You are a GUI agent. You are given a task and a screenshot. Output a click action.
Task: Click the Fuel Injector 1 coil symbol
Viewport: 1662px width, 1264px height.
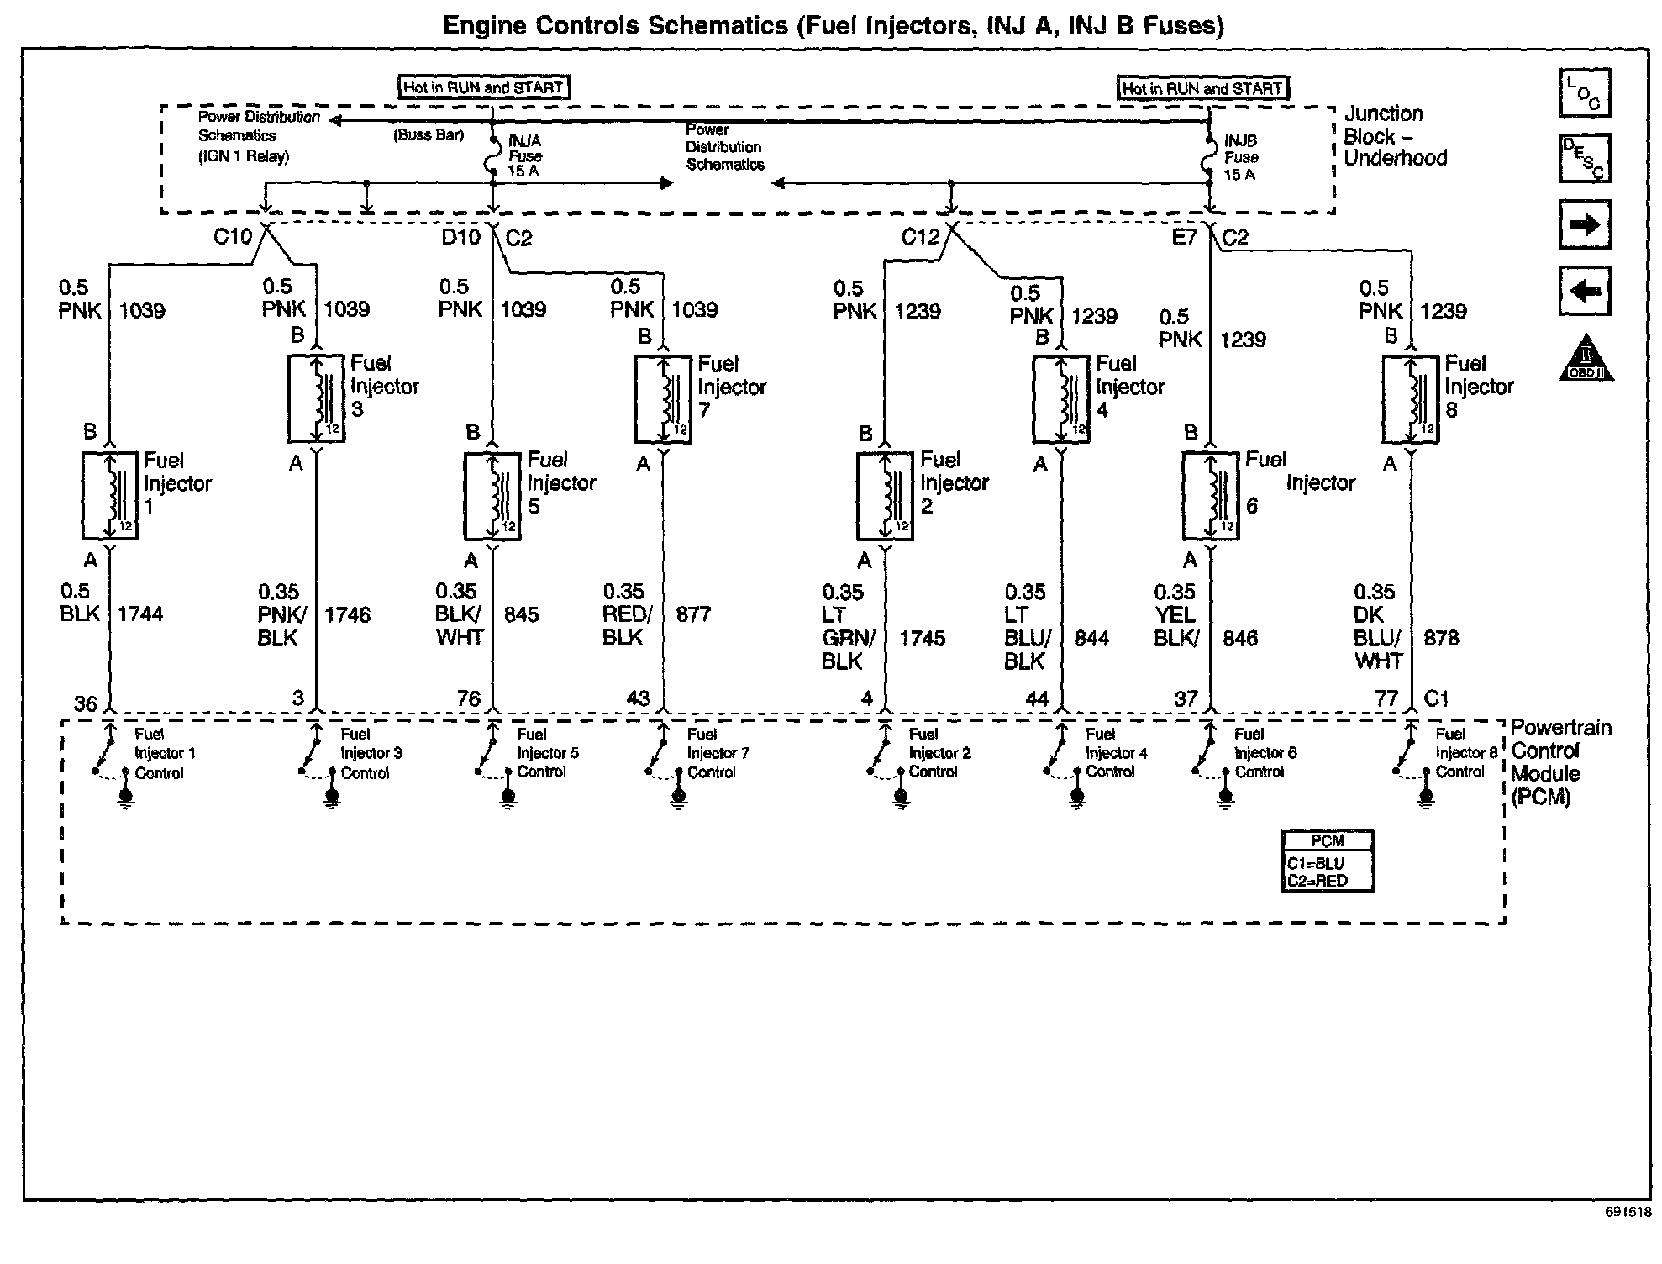pos(110,496)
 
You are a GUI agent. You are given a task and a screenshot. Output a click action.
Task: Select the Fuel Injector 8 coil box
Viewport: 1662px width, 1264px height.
pos(1410,399)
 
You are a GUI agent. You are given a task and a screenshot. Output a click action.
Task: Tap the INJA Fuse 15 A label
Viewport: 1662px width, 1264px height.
pos(524,156)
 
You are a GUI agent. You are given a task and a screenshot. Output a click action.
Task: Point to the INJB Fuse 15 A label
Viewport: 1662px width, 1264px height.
pos(1240,158)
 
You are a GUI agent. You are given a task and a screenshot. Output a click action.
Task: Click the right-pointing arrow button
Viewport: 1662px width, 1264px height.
pos(1584,224)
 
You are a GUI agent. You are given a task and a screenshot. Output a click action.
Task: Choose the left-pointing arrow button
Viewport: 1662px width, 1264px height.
pos(1584,291)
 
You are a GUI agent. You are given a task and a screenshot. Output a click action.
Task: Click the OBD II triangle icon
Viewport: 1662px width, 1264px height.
pos(1585,359)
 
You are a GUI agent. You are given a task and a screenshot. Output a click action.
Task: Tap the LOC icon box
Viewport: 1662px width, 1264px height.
pos(1584,93)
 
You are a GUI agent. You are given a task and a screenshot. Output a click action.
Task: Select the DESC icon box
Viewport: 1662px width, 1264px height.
pos(1584,158)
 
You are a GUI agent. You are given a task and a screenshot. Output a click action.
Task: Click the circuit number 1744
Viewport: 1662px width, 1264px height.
pos(140,614)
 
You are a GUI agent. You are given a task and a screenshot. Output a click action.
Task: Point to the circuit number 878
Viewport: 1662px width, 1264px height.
pos(1441,639)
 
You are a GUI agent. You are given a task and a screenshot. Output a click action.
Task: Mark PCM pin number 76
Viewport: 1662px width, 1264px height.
pos(468,698)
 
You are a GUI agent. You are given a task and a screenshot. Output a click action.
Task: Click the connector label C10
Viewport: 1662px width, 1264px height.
pos(232,237)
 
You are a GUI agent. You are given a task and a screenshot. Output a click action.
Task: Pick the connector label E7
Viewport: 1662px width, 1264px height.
pos(1184,238)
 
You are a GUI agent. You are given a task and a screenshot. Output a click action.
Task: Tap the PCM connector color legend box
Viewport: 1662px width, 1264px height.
pos(1328,861)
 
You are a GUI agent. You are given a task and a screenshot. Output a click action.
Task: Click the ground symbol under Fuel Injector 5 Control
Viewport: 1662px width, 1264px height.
pos(508,797)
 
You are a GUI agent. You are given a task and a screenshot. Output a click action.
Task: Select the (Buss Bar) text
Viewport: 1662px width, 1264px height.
pos(429,135)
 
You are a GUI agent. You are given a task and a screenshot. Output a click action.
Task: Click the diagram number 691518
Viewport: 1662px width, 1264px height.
pos(1628,1212)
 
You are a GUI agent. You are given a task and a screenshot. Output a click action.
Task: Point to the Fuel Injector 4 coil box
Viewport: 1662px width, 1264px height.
pos(1060,398)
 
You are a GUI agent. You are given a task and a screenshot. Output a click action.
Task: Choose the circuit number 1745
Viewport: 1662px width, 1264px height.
pos(923,639)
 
